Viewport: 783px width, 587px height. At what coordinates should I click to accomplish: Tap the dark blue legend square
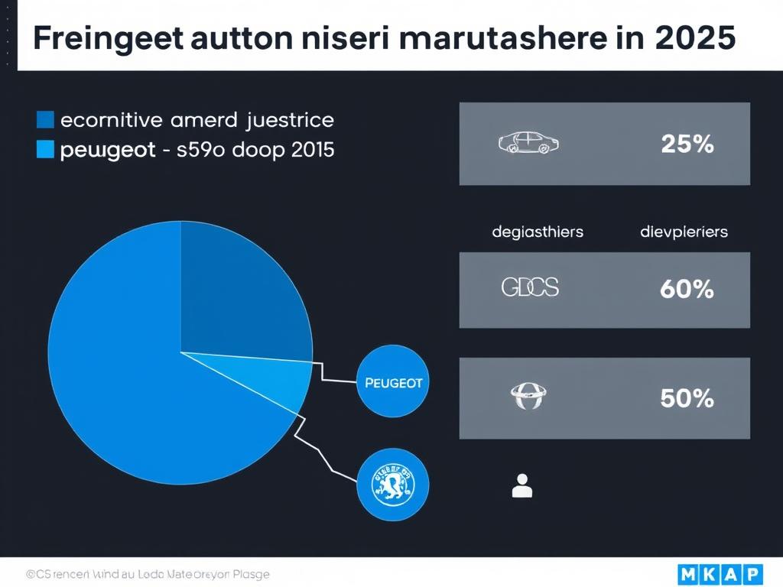(x=45, y=120)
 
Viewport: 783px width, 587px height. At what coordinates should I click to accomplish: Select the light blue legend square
(x=45, y=150)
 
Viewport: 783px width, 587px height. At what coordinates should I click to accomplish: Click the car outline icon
(x=528, y=142)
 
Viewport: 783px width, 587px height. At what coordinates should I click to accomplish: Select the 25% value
(x=687, y=144)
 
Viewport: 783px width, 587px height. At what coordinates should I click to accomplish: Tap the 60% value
(x=687, y=289)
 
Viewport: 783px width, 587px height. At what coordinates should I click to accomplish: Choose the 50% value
(x=687, y=398)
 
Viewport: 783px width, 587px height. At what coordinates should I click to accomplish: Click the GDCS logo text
(x=530, y=287)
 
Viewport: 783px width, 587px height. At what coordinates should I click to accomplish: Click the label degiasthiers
(x=538, y=231)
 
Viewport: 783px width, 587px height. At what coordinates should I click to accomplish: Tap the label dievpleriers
(x=684, y=231)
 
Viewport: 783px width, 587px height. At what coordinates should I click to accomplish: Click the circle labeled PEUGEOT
(x=394, y=382)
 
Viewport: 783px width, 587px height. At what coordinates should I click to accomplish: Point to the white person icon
(x=522, y=485)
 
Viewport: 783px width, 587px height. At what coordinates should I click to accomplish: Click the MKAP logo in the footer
(x=720, y=572)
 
